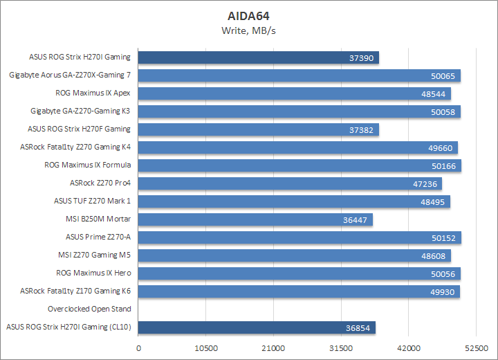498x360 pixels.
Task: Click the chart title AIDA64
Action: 249,15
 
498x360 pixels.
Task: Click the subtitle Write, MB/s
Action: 249,30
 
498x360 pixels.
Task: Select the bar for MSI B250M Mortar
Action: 256,219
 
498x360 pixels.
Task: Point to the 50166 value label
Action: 443,165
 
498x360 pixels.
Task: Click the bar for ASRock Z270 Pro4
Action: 290,183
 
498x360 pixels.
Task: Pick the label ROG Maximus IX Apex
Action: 93,93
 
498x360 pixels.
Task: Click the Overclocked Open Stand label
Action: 89,309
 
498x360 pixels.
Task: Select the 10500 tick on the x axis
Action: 206,348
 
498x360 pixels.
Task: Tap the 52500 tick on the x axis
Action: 476,348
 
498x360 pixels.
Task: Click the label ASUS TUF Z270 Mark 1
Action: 92,201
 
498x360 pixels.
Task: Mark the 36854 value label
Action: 357,327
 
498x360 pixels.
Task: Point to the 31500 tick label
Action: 341,348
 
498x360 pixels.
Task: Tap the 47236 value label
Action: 423,183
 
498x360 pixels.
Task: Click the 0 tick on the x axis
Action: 139,348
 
